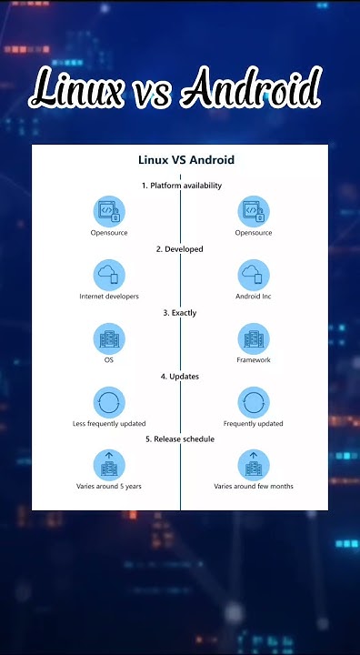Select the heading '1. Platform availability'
pos(181,186)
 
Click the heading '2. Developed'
pos(181,249)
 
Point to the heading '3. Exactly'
pos(180,313)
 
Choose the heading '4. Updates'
pos(180,376)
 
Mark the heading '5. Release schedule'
pos(180,438)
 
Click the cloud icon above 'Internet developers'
pos(109,275)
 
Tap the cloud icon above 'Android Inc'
pos(254,275)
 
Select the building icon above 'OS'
pos(109,338)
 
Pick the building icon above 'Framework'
pos(254,338)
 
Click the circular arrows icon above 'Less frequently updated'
pos(109,401)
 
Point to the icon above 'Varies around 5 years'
pos(109,464)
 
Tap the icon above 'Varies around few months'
pos(254,464)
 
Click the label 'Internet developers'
pos(109,297)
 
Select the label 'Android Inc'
pos(254,297)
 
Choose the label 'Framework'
pos(254,360)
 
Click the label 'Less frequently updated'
pos(109,424)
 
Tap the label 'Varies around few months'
pos(254,487)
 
